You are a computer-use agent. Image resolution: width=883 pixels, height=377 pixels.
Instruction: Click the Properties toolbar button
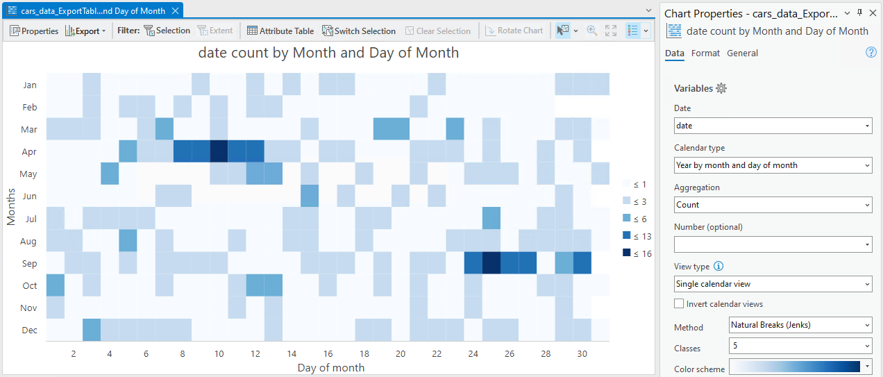tap(34, 31)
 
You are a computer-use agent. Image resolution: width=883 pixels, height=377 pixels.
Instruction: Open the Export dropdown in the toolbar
tap(85, 31)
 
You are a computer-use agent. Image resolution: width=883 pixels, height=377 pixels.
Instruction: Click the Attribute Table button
tap(280, 31)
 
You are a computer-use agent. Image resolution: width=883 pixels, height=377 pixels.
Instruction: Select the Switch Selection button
tap(359, 31)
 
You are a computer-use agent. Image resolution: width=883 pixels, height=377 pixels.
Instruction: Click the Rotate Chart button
tap(514, 31)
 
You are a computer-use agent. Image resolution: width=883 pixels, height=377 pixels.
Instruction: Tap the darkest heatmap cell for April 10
tap(219, 151)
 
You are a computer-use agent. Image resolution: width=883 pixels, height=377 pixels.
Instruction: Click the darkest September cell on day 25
tap(491, 263)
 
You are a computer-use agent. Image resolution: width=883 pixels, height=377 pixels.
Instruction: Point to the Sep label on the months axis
tap(29, 263)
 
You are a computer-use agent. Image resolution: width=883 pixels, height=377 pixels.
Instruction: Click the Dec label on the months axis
tap(29, 330)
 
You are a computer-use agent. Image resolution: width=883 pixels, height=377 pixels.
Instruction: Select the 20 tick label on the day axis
tap(401, 354)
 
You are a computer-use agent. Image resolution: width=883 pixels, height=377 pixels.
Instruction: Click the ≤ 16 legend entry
tap(637, 253)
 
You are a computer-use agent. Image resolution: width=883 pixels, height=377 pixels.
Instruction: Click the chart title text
tap(328, 53)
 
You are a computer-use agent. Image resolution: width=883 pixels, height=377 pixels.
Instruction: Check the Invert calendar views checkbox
tap(679, 303)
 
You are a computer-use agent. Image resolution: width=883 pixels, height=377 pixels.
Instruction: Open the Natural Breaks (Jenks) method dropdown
tap(800, 325)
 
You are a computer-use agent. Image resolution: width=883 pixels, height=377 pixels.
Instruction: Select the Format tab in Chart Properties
tap(705, 53)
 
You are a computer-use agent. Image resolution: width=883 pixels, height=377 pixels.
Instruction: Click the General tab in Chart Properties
tap(742, 53)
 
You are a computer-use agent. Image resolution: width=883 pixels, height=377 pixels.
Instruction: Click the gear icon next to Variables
tap(721, 88)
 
